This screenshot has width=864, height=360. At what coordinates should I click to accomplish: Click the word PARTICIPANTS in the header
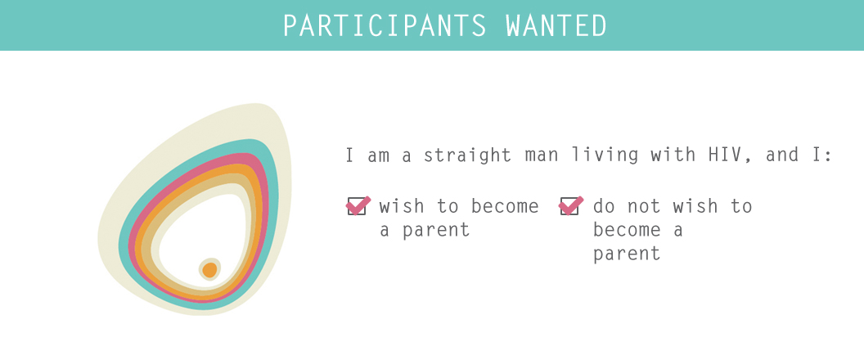pos(385,25)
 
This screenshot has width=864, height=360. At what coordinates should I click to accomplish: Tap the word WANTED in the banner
pos(556,25)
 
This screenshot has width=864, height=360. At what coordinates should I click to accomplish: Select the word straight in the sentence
pos(467,155)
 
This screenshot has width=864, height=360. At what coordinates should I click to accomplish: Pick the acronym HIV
pos(725,155)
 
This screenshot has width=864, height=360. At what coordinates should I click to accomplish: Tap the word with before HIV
pos(673,155)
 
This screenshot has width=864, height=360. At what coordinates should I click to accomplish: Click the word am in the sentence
pos(379,155)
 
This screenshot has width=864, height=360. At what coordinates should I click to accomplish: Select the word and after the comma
pos(782,155)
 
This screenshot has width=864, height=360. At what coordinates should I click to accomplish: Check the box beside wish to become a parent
pos(357,205)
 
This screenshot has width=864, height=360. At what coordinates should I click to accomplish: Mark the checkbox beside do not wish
pos(569,205)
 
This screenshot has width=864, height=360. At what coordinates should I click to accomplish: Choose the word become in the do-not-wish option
pos(627,229)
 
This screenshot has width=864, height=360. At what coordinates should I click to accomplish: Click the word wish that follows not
pos(695,206)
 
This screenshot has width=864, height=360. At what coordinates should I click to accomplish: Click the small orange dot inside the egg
pos(209,270)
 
